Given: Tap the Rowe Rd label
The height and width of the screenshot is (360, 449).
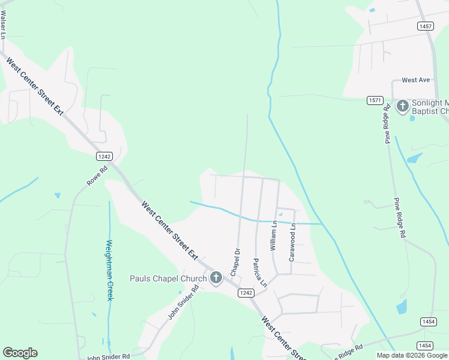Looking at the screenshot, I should [96, 175].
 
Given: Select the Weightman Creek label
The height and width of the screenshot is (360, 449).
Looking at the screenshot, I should [109, 270].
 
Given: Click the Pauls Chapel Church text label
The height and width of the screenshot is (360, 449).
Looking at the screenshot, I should [168, 278].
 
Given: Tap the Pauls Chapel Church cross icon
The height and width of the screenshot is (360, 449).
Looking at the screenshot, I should [216, 278].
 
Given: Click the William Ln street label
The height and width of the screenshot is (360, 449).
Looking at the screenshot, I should [273, 236].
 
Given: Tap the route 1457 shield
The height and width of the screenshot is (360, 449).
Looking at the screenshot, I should [426, 26].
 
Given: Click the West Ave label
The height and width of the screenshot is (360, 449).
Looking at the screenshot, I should [416, 80].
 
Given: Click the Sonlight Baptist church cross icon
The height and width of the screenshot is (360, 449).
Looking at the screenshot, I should [402, 107].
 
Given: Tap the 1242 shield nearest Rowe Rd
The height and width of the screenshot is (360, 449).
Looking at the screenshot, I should [104, 156].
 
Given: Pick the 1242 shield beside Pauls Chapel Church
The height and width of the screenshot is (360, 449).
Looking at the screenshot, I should [245, 292].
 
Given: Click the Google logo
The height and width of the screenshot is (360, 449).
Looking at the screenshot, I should [20, 353].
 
